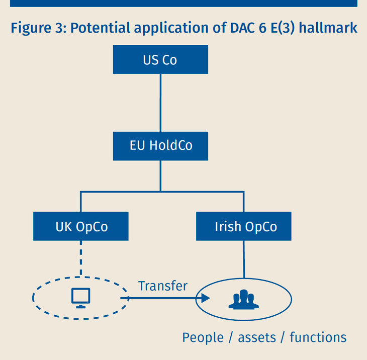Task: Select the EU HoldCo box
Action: (x=160, y=146)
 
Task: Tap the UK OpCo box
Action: (x=81, y=226)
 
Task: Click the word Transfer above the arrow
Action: (x=162, y=286)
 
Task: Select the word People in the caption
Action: (x=203, y=337)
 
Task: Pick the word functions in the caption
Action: (x=318, y=337)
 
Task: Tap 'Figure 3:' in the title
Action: (x=38, y=28)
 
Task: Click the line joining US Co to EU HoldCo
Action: (x=160, y=103)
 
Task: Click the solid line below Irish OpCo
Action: (x=244, y=258)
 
